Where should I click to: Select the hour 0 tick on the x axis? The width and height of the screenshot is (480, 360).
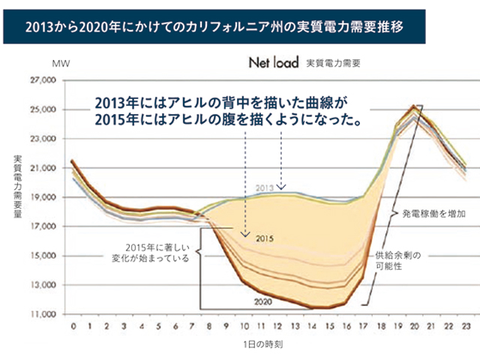(x=73, y=328)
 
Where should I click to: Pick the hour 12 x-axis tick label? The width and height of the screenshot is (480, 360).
(x=277, y=328)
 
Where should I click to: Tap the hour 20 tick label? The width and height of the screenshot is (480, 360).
(x=414, y=328)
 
